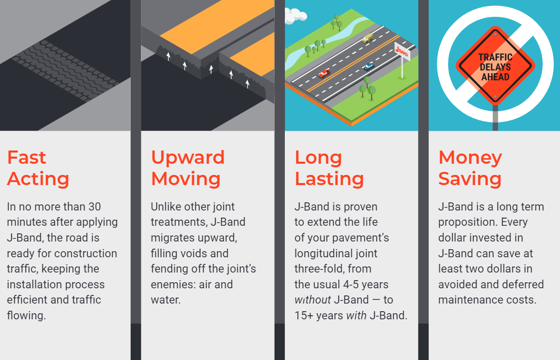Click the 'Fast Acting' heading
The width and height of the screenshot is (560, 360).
(x=38, y=168)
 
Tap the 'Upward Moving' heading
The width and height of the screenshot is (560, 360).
(x=188, y=168)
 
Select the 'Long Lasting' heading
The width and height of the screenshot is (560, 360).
(x=329, y=168)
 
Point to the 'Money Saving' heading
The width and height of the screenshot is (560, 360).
(x=470, y=168)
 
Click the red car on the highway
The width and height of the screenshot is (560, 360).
(x=325, y=74)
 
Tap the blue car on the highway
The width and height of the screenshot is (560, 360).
(x=369, y=66)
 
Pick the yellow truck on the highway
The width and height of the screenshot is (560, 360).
(x=367, y=38)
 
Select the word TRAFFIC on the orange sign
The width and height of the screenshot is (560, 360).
(x=495, y=57)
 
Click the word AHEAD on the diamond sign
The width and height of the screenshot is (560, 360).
(x=495, y=77)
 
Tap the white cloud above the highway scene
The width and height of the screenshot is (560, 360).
(x=294, y=16)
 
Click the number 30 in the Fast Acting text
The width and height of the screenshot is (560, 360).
(x=95, y=206)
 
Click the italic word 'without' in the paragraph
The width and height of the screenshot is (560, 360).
(x=313, y=299)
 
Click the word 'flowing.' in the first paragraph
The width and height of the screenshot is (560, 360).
(x=26, y=315)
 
